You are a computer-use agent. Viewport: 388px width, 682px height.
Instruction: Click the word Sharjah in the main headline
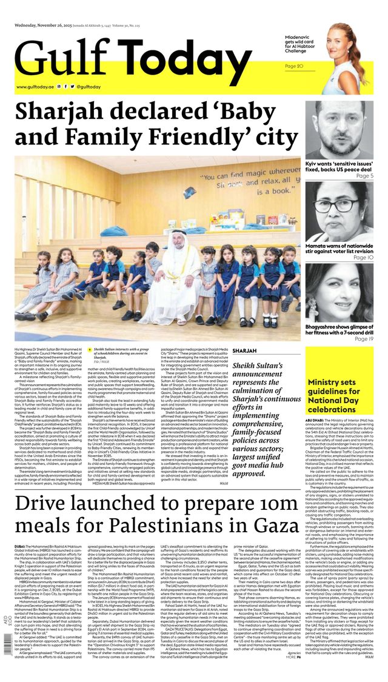pos(66,113)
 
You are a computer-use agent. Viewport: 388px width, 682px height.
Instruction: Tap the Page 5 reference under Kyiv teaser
pos(364,176)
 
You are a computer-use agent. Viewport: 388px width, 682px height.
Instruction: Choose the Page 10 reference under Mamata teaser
pos(363,257)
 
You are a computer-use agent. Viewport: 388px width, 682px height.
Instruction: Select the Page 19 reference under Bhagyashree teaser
pos(363,339)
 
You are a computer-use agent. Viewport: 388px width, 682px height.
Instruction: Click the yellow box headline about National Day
pos(339,395)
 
